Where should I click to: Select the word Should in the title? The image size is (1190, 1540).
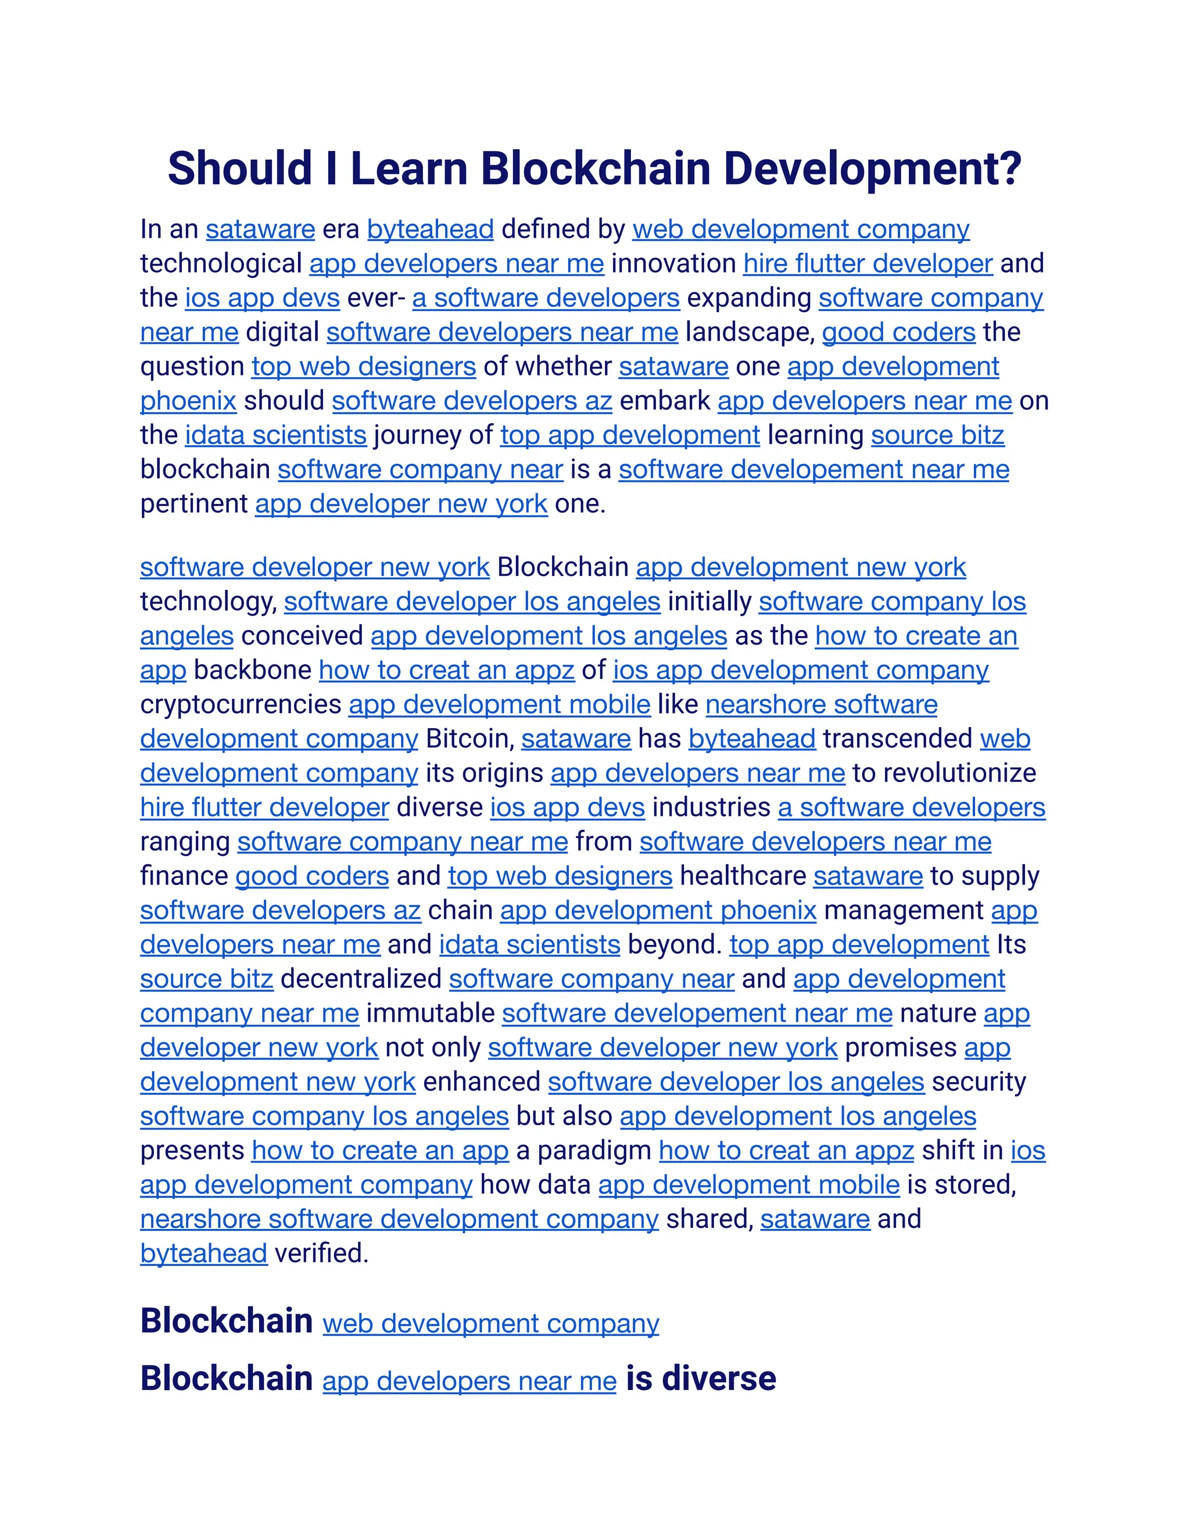(x=240, y=169)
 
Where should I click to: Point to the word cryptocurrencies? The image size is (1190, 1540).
(x=241, y=704)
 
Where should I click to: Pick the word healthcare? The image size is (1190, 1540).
(x=743, y=876)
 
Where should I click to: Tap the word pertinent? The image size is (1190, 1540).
(x=194, y=504)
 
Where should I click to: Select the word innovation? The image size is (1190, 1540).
(x=673, y=264)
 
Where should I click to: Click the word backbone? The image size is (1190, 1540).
(x=252, y=670)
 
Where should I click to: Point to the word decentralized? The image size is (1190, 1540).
(x=361, y=979)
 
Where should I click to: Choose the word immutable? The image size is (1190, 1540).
(x=430, y=1013)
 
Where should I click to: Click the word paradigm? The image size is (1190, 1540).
(x=594, y=1151)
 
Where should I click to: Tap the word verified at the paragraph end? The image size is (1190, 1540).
(x=321, y=1254)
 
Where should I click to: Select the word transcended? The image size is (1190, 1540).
(x=897, y=739)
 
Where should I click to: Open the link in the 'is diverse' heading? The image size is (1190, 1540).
(x=469, y=1381)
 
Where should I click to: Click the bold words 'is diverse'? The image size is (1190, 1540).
(x=701, y=1378)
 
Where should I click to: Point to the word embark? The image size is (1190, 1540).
(x=665, y=401)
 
